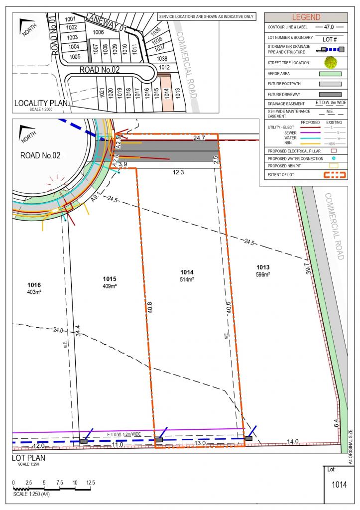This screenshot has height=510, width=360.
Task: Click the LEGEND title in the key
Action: pyautogui.click(x=306, y=17)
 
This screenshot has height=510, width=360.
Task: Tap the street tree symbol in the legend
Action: pyautogui.click(x=330, y=63)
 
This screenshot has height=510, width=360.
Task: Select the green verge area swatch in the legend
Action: pyautogui.click(x=330, y=74)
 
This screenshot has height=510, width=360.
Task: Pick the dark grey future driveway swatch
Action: pyautogui.click(x=330, y=94)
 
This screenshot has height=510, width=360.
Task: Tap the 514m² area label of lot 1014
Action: pyautogui.click(x=187, y=280)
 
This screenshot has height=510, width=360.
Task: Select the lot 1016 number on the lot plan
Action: pyautogui.click(x=34, y=285)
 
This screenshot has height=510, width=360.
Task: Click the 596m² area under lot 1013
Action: pyautogui.click(x=263, y=274)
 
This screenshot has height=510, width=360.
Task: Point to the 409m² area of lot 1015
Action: pyautogui.click(x=110, y=286)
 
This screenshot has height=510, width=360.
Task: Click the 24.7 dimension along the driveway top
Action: pyautogui.click(x=186, y=137)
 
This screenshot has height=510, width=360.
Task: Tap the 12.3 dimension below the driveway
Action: pyautogui.click(x=178, y=172)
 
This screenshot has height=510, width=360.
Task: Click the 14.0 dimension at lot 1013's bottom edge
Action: pyautogui.click(x=292, y=441)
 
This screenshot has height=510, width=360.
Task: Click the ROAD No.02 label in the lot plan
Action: pyautogui.click(x=40, y=155)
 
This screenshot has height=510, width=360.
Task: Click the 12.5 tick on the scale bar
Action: pyautogui.click(x=91, y=483)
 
